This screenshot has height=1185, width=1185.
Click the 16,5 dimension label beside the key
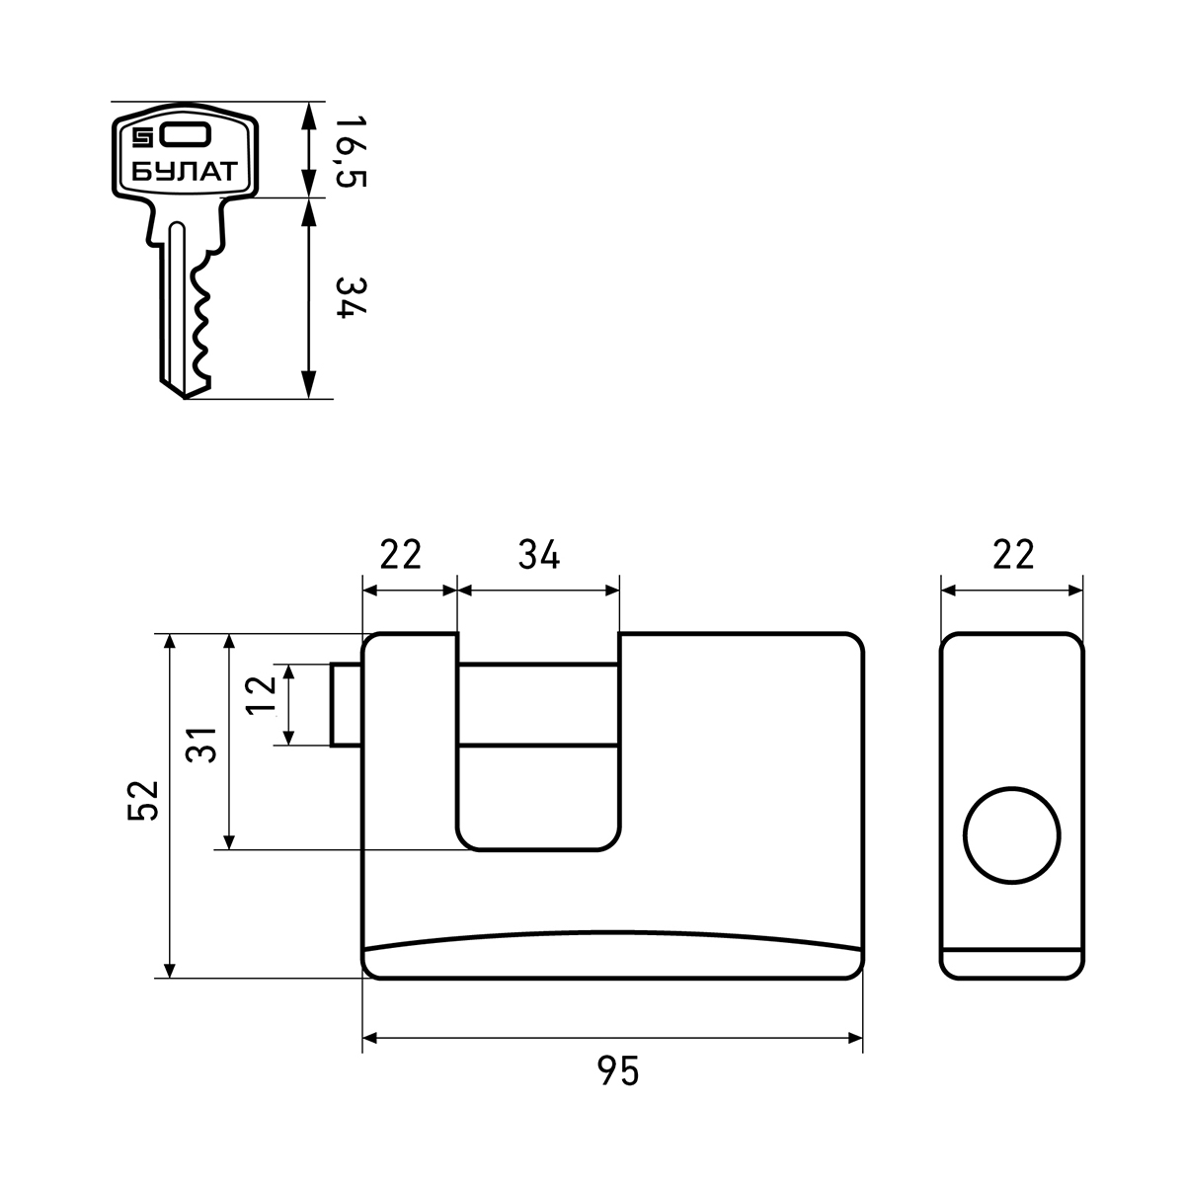pos(352,151)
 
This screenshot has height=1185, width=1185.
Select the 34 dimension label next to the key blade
pos(352,297)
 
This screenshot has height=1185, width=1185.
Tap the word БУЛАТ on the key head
pos(185,172)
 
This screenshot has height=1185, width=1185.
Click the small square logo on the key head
pos(142,137)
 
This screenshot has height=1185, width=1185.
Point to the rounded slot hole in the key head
pos(186,136)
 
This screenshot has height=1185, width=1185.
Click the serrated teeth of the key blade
pos(200,319)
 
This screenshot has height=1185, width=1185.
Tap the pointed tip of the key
pos(184,398)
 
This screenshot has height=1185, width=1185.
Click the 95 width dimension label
pos(618,1070)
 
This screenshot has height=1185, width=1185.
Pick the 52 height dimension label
pos(143,801)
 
